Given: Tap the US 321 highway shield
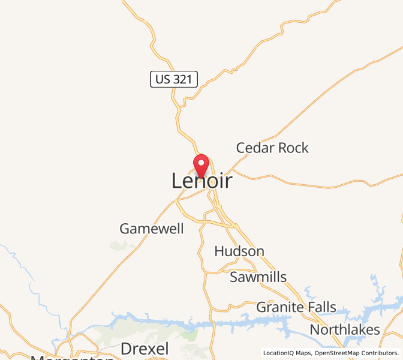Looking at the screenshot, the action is click(x=174, y=79).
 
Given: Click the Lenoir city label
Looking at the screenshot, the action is click(x=201, y=181).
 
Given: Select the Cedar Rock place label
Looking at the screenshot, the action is click(x=272, y=148).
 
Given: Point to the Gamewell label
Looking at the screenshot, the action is click(x=152, y=229).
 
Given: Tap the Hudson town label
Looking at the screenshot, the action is click(x=239, y=251).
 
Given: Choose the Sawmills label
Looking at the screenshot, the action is click(x=258, y=277).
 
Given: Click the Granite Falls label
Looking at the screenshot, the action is click(x=296, y=307).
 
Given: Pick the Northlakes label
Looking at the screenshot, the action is click(x=345, y=329).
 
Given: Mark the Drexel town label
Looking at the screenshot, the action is click(x=145, y=349).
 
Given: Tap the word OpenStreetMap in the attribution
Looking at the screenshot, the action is click(x=336, y=353).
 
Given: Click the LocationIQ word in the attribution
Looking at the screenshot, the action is click(x=278, y=353).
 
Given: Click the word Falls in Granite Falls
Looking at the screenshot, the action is click(x=320, y=307).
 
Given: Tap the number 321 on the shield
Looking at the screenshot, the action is click(x=183, y=79).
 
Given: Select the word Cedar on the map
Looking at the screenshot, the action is click(x=254, y=148).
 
